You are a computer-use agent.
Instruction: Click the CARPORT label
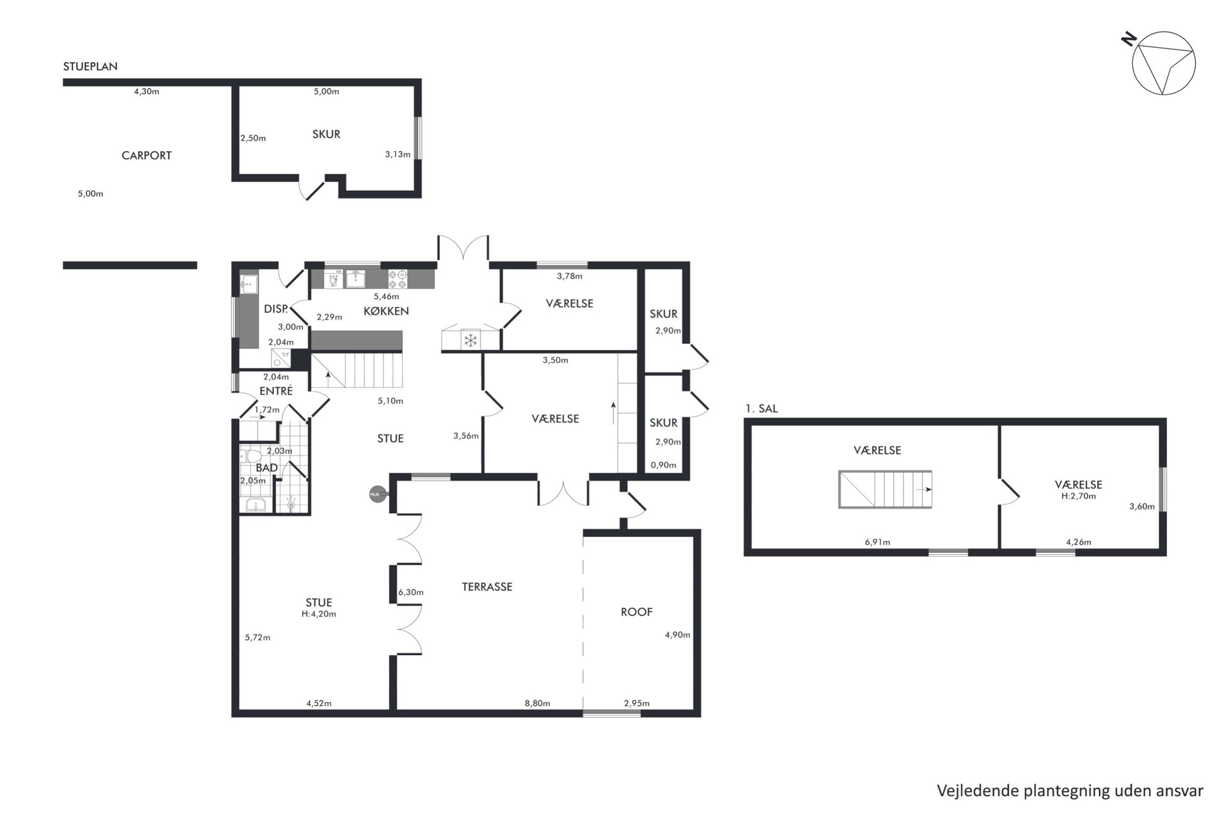[146, 156]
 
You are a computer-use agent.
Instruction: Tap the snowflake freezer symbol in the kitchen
[471, 340]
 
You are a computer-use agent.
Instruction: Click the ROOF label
[637, 612]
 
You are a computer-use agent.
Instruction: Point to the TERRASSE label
[487, 587]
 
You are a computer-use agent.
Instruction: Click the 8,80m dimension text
[537, 703]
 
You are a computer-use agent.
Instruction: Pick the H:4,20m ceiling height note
[319, 614]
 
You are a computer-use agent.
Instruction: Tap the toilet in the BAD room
[251, 457]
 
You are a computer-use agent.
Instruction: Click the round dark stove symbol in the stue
[377, 494]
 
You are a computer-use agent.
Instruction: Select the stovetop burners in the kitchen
[398, 279]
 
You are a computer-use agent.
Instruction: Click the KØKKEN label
[386, 311]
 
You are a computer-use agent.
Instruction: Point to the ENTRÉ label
[276, 391]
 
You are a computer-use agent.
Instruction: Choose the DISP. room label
[276, 309]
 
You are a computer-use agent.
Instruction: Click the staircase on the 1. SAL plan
[885, 490]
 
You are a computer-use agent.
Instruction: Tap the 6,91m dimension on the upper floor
[877, 542]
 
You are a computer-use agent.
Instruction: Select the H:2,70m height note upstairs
[1078, 496]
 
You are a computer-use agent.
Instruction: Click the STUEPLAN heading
[90, 66]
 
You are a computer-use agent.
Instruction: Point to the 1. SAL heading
[761, 408]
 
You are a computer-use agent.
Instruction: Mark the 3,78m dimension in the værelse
[569, 276]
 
